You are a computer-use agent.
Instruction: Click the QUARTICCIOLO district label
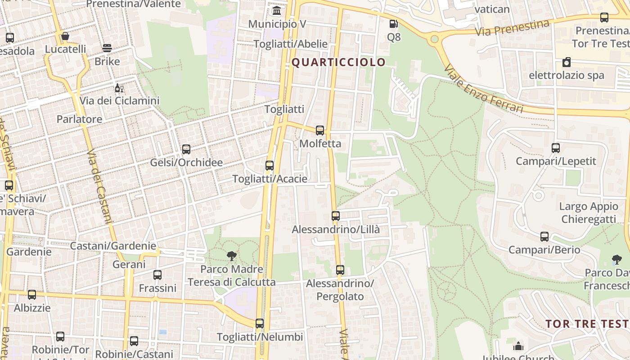click(338, 62)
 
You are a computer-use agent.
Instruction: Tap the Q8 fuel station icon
click(394, 24)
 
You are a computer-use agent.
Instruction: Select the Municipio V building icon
click(277, 10)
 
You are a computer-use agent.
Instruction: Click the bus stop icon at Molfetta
click(320, 130)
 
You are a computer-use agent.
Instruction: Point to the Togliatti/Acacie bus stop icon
click(270, 166)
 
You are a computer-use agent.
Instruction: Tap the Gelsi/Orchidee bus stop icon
click(186, 149)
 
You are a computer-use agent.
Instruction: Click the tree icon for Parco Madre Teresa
click(232, 256)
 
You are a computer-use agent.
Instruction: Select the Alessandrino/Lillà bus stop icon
click(336, 216)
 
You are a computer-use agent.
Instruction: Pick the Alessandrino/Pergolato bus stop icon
click(340, 270)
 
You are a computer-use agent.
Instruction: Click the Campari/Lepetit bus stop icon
click(556, 148)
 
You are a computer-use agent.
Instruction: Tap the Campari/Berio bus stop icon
click(544, 237)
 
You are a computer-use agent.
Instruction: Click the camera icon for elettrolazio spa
click(567, 62)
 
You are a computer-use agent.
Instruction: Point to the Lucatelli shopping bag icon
click(65, 36)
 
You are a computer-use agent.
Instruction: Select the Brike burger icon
click(107, 48)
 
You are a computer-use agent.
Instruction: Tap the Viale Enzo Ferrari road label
click(483, 89)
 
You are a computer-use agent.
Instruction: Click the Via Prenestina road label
click(513, 28)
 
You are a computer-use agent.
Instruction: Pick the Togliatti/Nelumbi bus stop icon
click(260, 324)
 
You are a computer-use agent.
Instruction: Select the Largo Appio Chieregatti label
click(589, 213)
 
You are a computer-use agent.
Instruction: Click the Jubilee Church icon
click(518, 346)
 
